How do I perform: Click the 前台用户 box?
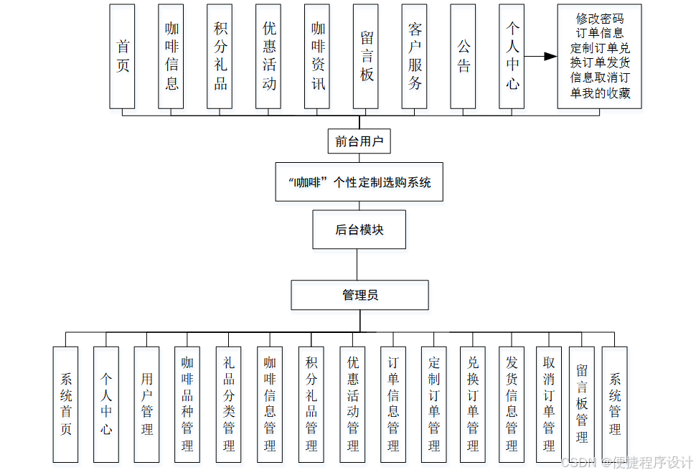(x=360, y=141)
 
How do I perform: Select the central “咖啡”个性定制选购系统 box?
(x=359, y=182)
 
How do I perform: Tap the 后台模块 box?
(x=359, y=230)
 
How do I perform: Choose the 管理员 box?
(x=359, y=295)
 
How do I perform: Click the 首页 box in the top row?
(x=123, y=57)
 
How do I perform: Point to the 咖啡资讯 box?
(x=318, y=57)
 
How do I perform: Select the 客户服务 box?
(x=415, y=57)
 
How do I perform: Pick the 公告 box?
(x=464, y=57)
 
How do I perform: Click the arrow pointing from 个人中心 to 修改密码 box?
(x=541, y=57)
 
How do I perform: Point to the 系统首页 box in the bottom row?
(x=65, y=404)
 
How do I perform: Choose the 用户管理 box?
(x=147, y=404)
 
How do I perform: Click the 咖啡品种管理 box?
(x=187, y=404)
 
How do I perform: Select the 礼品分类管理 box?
(x=229, y=404)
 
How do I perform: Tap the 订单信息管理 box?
(x=393, y=404)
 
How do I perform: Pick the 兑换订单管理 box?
(x=473, y=404)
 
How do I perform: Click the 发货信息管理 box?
(x=512, y=404)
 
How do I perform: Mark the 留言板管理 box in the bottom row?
(x=582, y=404)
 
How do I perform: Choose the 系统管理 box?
(x=615, y=404)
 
